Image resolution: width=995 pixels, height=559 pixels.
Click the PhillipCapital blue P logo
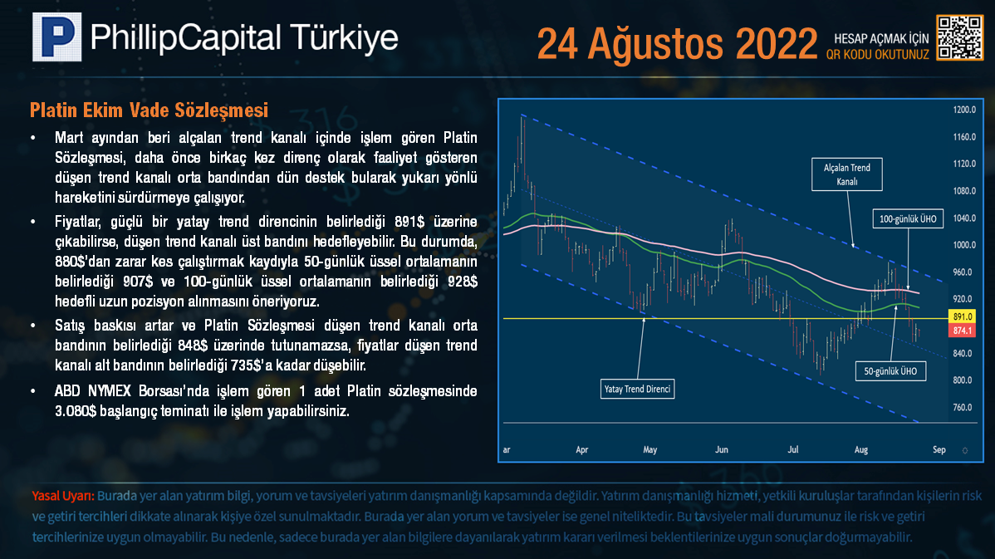coord(57,37)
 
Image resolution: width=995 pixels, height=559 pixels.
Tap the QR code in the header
coord(959,38)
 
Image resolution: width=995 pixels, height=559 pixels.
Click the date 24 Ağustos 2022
coord(677,44)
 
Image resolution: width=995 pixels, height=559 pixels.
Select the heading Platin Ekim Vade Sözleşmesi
coord(149,110)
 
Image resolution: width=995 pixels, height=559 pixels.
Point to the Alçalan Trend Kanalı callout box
coord(846,174)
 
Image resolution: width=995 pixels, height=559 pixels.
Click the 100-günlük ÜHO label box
coord(908,219)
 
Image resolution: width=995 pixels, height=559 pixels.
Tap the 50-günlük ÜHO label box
coord(890,371)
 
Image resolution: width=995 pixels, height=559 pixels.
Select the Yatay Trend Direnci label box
coord(637,389)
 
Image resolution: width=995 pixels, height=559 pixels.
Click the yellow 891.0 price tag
coord(962,316)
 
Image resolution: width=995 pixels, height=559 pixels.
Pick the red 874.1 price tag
coord(962,331)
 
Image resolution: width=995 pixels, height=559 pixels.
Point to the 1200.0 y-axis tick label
coord(964,110)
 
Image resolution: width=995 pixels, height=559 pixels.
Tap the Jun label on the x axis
coord(722,450)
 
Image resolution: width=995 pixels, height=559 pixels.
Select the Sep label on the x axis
coord(939,450)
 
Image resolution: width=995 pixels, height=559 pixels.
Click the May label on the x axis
coord(649,450)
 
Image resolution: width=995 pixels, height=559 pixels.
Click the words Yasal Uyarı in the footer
coord(63,496)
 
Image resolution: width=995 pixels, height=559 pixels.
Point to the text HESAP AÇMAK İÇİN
coord(880,39)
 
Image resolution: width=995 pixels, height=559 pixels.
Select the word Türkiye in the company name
coord(344,37)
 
